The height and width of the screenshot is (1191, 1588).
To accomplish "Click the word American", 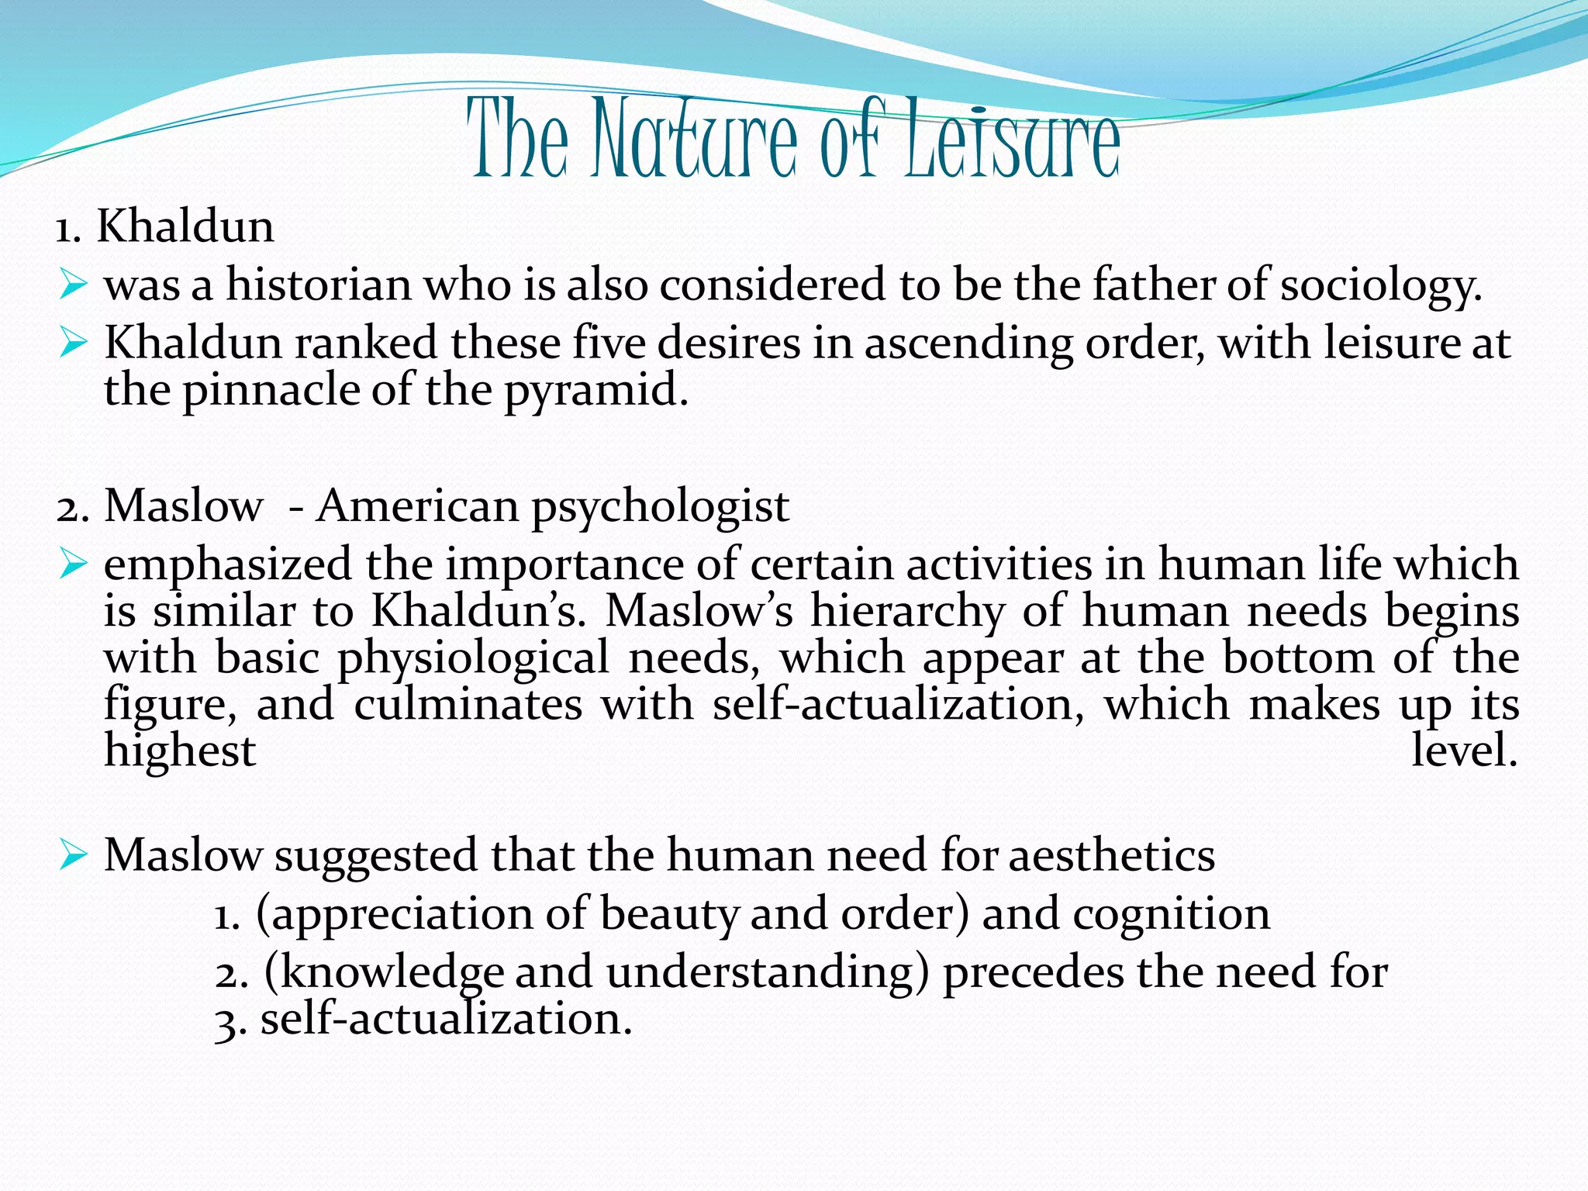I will (417, 506).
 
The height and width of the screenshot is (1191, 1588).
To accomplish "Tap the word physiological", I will (473, 659).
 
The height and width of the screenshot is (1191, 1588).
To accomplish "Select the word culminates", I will (468, 705).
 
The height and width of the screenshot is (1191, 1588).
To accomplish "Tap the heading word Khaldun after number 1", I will (185, 227).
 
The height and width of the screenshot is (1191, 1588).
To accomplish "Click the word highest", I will (180, 751).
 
